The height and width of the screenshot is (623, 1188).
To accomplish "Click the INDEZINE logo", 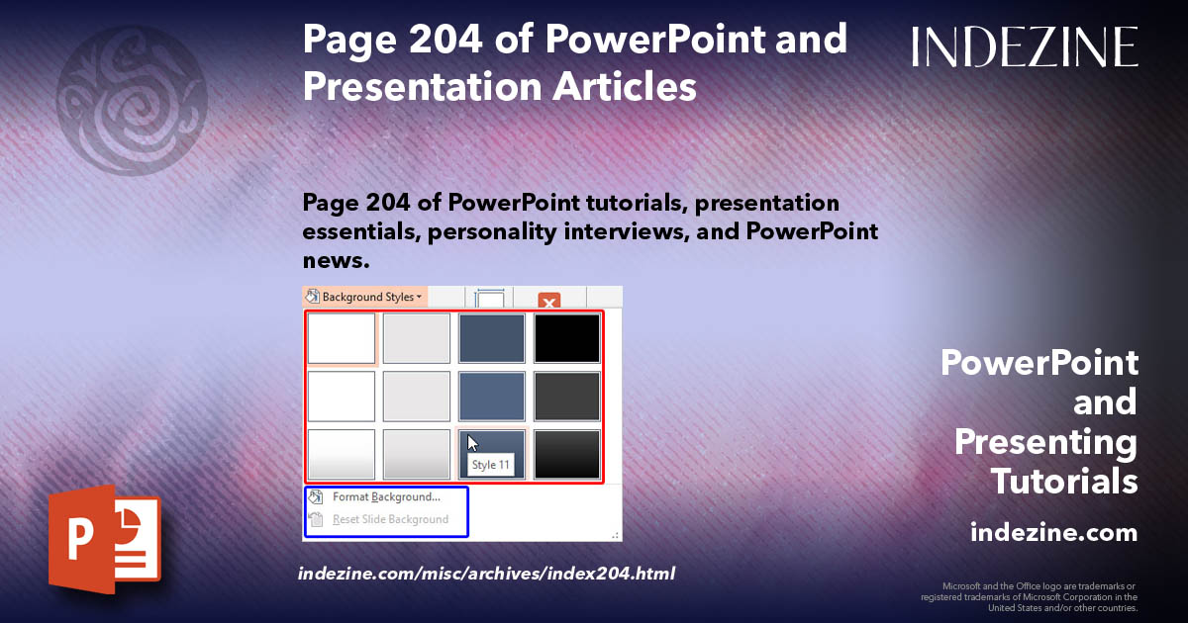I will click(x=1025, y=46).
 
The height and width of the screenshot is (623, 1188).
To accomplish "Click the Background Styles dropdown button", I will click(x=364, y=297).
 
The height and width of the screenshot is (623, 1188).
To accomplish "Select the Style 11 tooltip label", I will click(x=491, y=465).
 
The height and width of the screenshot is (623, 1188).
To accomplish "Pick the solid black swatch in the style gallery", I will click(x=567, y=338).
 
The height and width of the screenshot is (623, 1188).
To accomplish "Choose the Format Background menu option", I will click(x=386, y=497).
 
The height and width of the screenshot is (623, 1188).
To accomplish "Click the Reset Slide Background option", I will click(x=390, y=519).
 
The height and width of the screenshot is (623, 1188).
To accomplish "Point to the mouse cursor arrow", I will click(x=473, y=443).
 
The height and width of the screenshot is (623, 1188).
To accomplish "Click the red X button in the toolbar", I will click(x=549, y=300).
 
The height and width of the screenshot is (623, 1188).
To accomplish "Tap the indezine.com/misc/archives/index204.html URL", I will click(x=486, y=573).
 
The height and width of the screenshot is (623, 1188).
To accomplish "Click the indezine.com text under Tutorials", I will click(x=1053, y=533).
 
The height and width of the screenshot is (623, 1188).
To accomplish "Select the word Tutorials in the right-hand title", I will click(x=1064, y=482).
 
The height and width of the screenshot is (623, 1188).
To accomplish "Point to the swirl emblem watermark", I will click(x=132, y=99).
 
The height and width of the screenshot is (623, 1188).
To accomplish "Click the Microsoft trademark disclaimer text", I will click(x=1029, y=596).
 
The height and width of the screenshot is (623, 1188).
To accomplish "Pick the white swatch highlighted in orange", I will click(x=342, y=338).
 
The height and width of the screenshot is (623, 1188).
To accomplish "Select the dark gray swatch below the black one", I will click(x=567, y=396).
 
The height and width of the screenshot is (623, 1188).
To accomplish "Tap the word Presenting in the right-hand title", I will click(x=1045, y=442).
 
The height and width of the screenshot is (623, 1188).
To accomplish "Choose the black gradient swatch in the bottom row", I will click(x=567, y=454).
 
